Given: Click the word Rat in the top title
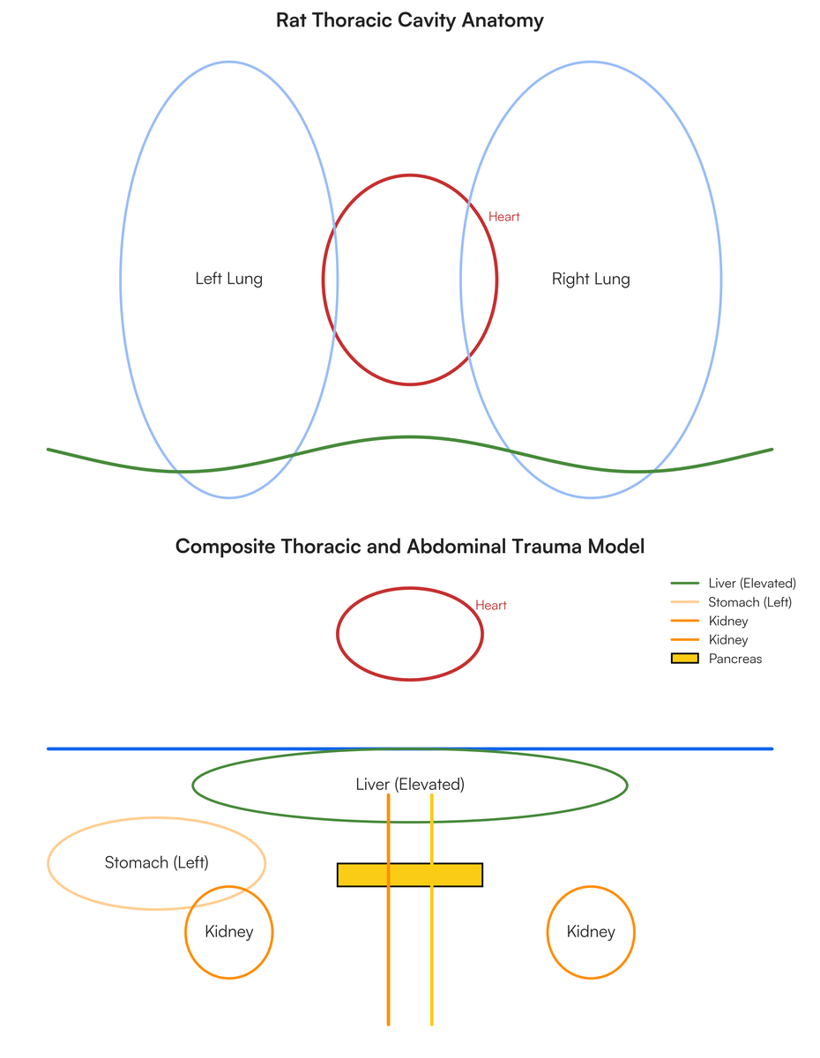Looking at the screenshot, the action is pos(292,20).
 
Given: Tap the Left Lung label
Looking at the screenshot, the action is pos(229,279).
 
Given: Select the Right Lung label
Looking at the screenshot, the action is pos(591,279).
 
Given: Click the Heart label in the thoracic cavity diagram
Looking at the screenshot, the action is pos(504,217).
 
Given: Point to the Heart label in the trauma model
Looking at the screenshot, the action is pos(491,605).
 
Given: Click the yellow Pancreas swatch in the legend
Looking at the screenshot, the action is pos(684,659).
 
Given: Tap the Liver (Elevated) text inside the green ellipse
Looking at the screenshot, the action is pos(410,785).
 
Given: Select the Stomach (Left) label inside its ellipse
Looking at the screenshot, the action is pos(156,863).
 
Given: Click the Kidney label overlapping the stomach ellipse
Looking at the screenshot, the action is pos(229,931).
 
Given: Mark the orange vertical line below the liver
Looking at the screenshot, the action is pos(388,910).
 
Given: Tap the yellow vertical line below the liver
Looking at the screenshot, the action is pos(432,910).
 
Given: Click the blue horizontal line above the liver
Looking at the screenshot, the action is pos(410,749).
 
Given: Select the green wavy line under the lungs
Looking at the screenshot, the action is pos(410,437).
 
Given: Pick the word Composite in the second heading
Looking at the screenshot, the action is pos(226,547).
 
